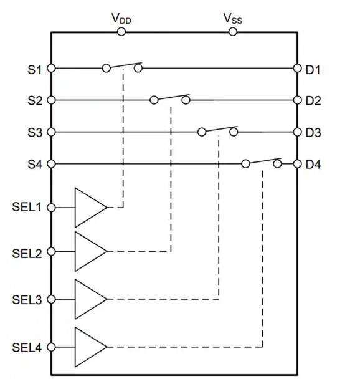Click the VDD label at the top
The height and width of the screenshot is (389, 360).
pos(121,19)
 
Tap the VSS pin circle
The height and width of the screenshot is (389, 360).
pos(233,32)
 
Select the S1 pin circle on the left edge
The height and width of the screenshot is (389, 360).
pos(51,68)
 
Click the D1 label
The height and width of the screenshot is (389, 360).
pos(313,70)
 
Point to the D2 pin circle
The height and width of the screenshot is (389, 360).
pos(297,100)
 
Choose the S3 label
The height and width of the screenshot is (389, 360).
pos(35,133)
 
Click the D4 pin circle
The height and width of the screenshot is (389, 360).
pos(297,164)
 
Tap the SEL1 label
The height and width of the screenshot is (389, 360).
pos(27,207)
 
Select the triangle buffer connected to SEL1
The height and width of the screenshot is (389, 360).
pos(91,208)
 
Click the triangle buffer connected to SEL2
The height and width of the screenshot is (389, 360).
pos(91,251)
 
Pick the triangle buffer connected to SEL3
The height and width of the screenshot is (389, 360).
pos(91,299)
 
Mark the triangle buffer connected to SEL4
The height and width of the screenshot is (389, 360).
pos(91,347)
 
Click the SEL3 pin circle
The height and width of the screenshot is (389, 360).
pos(51,299)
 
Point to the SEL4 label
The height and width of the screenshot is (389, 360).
pos(27,348)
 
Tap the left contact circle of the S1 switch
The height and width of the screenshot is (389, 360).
pos(107,68)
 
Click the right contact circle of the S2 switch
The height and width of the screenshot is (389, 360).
pos(186,100)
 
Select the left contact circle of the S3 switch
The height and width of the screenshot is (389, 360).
pos(202,132)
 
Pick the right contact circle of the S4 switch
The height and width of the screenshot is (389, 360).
pos(277,164)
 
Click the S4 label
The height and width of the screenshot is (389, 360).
pos(35,165)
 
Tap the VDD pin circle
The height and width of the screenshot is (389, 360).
pos(121,32)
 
